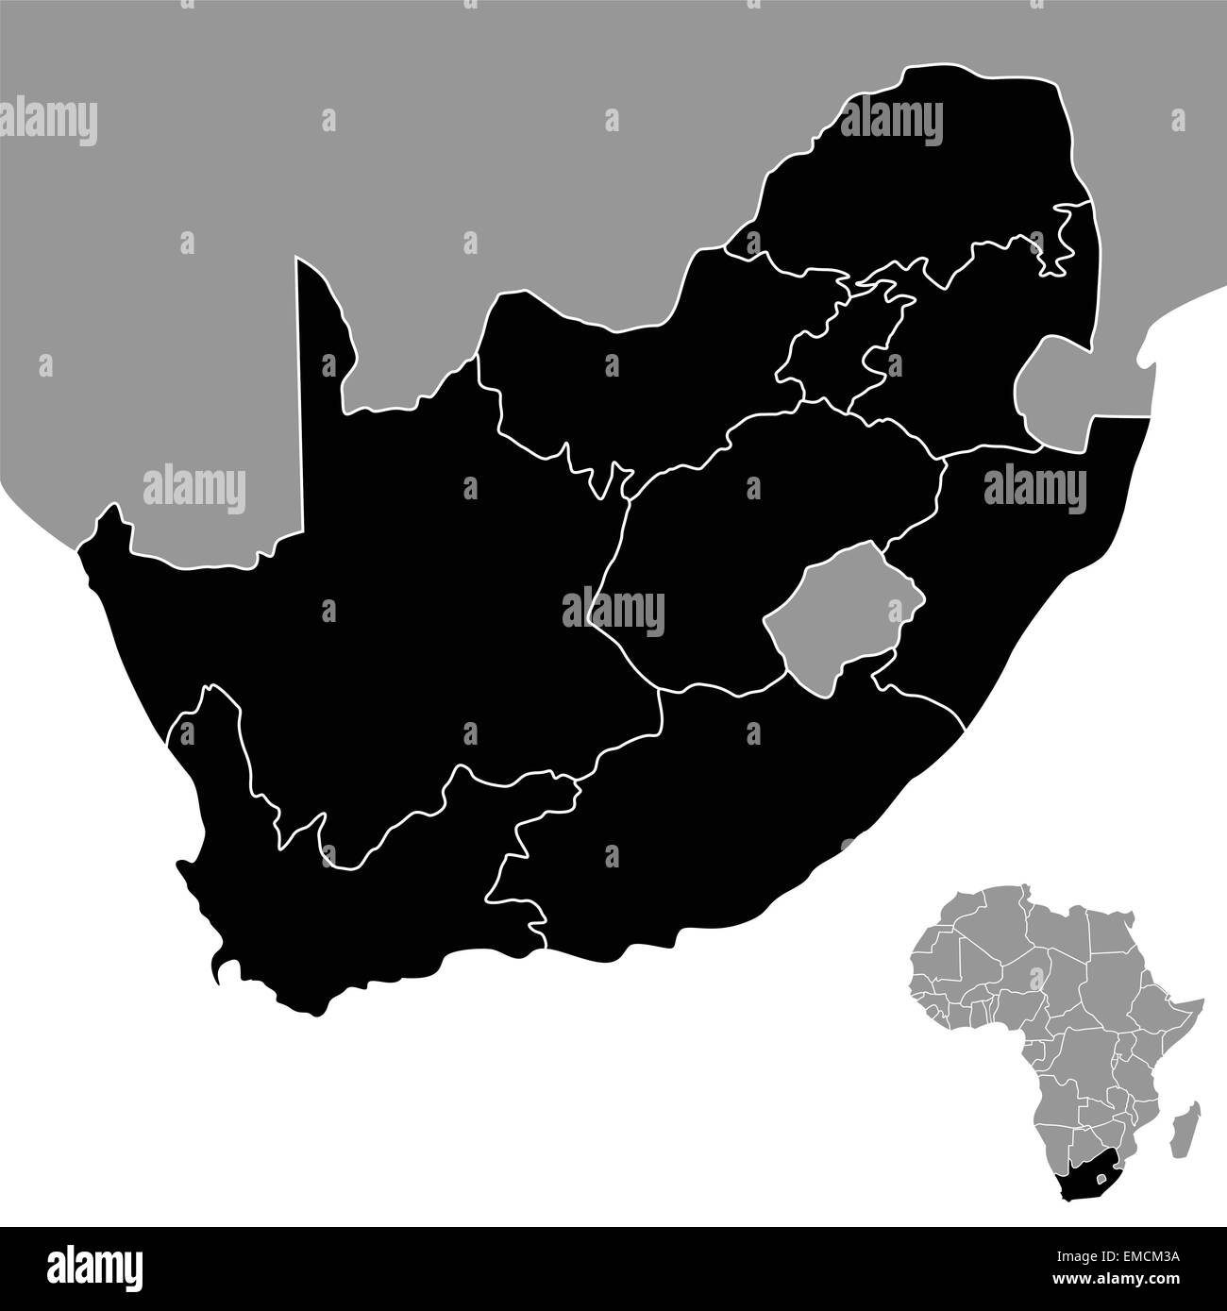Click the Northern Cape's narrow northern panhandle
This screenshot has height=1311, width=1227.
click(321, 349)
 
